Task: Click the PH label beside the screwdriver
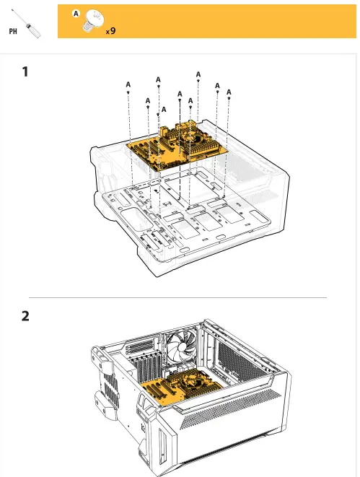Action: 14,32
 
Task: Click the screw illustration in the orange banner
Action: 91,21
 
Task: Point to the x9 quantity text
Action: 110,31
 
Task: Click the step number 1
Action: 26,72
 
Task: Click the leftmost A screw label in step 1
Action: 128,85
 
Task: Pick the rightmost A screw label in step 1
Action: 229,92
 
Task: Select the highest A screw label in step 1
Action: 198,74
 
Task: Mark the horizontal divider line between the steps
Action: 177,297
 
